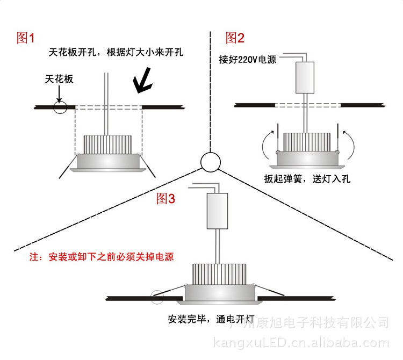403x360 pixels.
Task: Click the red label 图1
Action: tap(25, 38)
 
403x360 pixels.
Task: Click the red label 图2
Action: tap(235, 38)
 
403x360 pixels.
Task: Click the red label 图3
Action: tap(165, 199)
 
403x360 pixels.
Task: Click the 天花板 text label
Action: tap(59, 79)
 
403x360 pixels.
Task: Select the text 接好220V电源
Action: tap(248, 60)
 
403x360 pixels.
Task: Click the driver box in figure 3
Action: tap(218, 211)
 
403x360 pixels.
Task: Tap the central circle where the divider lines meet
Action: tap(210, 161)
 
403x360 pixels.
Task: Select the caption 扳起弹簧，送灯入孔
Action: tap(307, 179)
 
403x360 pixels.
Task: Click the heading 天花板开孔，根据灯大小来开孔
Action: tap(116, 53)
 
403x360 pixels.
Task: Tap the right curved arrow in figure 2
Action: tap(350, 142)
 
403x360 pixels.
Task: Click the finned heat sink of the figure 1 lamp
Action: tap(107, 143)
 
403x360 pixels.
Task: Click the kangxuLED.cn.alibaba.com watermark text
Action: tap(301, 342)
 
